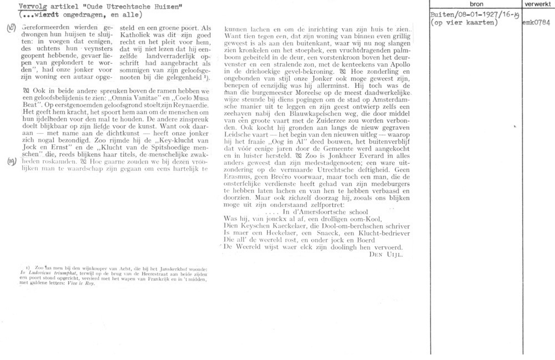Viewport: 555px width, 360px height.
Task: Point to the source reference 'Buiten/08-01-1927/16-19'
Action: coord(470,16)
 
